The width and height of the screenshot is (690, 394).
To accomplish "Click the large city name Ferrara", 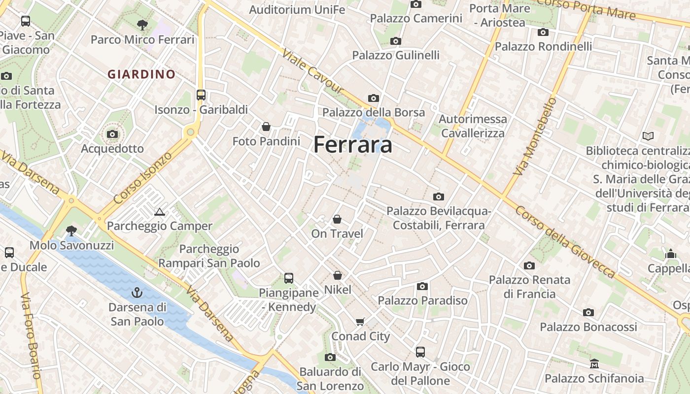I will tap(353, 145).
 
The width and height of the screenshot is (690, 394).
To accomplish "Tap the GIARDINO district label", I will tap(141, 74).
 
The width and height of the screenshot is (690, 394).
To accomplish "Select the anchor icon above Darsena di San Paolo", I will tap(137, 293).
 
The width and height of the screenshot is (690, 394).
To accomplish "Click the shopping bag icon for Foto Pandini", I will tap(266, 127).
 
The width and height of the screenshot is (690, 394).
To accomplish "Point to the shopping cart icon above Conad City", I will tap(360, 322).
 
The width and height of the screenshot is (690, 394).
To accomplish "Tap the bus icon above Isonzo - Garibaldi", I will tap(201, 95).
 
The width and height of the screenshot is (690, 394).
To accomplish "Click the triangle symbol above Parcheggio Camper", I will tap(159, 212).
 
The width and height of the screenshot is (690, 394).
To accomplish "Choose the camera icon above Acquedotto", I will tap(112, 134).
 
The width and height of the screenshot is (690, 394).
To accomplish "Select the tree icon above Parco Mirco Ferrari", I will tap(142, 24).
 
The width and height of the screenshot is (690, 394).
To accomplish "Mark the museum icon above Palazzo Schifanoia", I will tap(594, 363).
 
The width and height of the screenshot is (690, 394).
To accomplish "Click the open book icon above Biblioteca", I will tap(648, 135).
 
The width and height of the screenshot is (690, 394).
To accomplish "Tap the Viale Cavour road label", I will tap(312, 71).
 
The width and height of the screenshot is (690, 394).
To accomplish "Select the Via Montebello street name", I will tap(535, 136).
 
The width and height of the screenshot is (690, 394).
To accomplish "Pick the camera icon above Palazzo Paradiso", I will tap(422, 286).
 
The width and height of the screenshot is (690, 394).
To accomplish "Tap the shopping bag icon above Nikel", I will tap(338, 275).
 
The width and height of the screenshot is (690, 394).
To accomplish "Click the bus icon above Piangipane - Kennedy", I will tap(289, 278).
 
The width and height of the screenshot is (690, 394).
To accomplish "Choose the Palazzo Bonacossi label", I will tap(588, 327).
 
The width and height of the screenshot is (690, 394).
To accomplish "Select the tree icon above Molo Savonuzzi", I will tap(71, 230).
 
